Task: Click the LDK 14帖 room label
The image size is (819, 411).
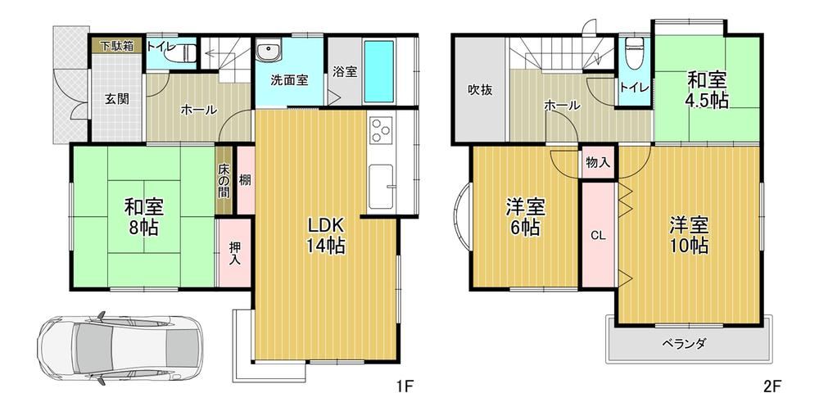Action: coord(325,235)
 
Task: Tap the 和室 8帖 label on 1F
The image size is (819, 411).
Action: coord(143,217)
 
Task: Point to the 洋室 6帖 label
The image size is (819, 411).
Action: coord(526,217)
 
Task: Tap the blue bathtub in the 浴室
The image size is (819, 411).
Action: coord(378,71)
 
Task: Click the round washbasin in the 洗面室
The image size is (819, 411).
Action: coord(269,52)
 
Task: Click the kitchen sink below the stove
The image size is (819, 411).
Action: coord(382,187)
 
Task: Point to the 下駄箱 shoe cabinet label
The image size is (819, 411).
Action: coord(117,45)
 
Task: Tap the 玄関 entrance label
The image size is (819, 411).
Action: coord(117,98)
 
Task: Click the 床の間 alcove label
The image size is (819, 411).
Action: coord(224,180)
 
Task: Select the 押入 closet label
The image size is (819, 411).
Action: coord(234,253)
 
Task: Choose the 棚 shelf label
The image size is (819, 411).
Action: coord(245,180)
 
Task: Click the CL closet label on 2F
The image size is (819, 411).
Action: coord(598,236)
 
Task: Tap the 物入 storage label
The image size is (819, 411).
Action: coord(598,162)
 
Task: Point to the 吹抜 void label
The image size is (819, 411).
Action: coord(479,90)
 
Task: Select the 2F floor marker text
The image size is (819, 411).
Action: coord(772,386)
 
